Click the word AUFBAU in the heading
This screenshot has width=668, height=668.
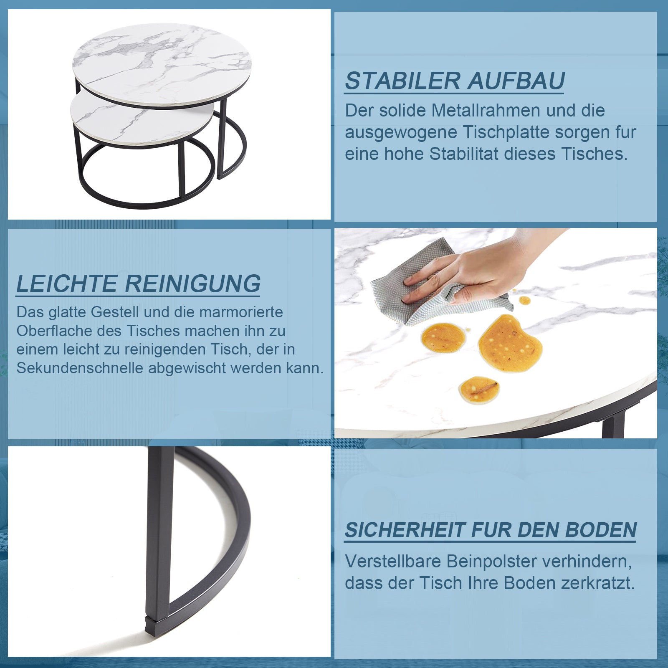(516, 81)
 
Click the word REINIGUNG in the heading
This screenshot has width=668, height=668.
(193, 284)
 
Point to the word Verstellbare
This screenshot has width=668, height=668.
(392, 561)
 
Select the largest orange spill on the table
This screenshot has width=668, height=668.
(510, 344)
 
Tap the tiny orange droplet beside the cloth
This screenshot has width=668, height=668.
(525, 300)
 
